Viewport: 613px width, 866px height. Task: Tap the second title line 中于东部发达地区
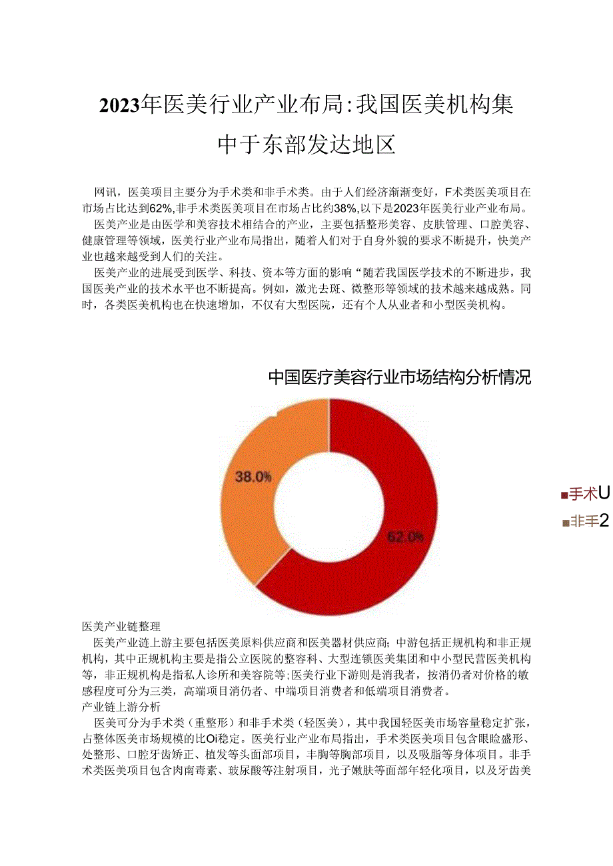click(x=306, y=144)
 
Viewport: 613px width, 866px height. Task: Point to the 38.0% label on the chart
click(x=253, y=476)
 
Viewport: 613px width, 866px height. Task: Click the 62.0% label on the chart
click(x=405, y=537)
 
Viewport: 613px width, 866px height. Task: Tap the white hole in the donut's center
click(x=329, y=507)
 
